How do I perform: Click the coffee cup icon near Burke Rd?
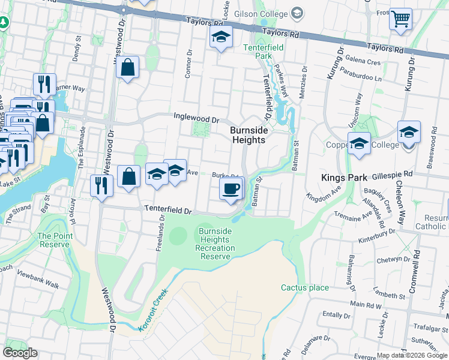tap(231, 190)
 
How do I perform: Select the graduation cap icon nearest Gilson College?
tap(221, 38)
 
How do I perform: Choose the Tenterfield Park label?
tap(258, 51)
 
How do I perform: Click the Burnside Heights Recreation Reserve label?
tap(215, 244)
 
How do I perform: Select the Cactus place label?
tap(305, 287)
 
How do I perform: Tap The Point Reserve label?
tap(55, 240)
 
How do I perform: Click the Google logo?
tap(20, 353)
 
